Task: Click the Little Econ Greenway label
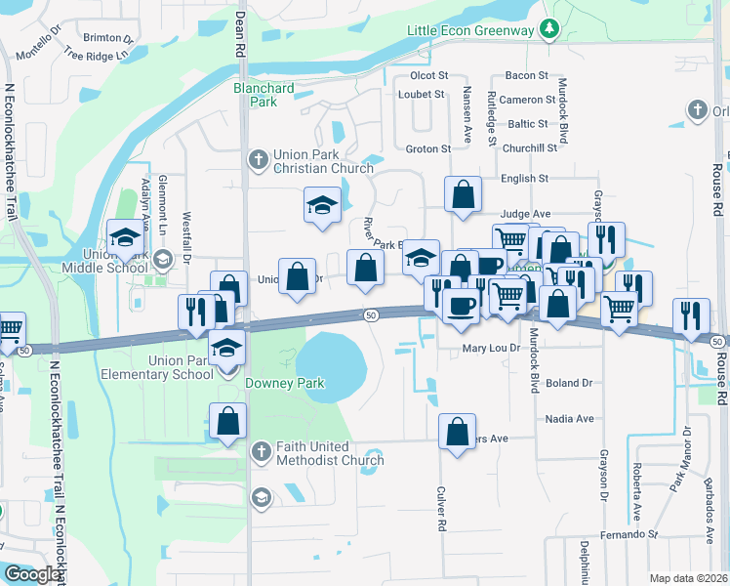(470, 30)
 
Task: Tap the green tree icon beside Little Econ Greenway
(549, 29)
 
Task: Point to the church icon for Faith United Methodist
(260, 451)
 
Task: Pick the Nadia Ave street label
(570, 419)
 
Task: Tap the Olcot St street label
(428, 75)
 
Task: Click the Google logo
(32, 574)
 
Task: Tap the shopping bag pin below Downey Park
(227, 422)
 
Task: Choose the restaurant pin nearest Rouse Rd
(691, 315)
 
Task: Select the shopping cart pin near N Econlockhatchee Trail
(10, 329)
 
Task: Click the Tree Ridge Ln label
(97, 55)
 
